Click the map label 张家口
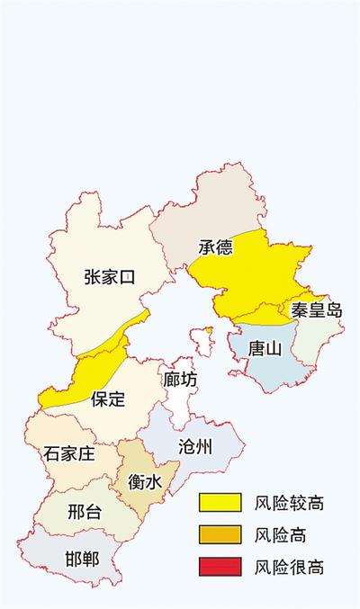109,276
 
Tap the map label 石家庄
68,453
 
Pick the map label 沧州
195,446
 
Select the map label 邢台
85,513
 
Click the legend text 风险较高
289,502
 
